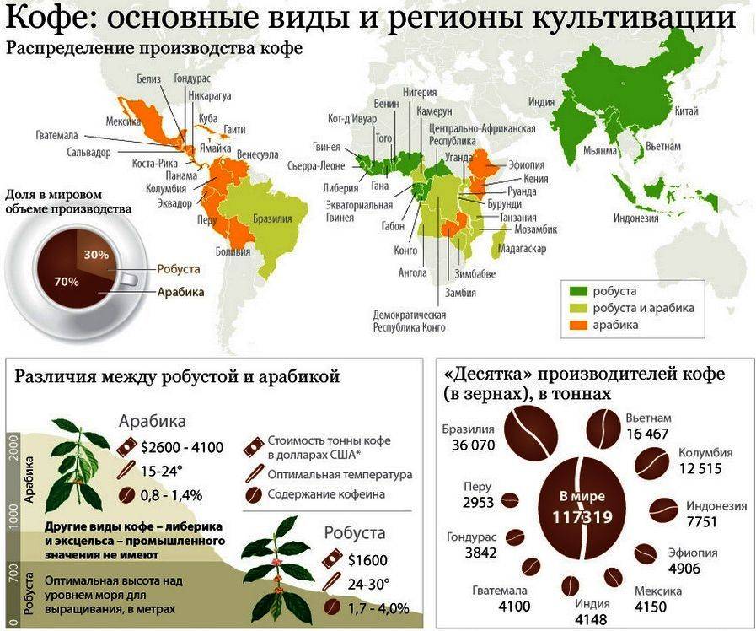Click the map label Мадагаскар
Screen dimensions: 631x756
523,249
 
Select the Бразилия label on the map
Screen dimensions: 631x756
273,218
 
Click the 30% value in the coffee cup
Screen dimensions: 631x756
96,254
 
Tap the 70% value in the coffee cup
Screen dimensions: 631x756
67,281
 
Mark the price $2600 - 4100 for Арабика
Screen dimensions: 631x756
183,447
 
